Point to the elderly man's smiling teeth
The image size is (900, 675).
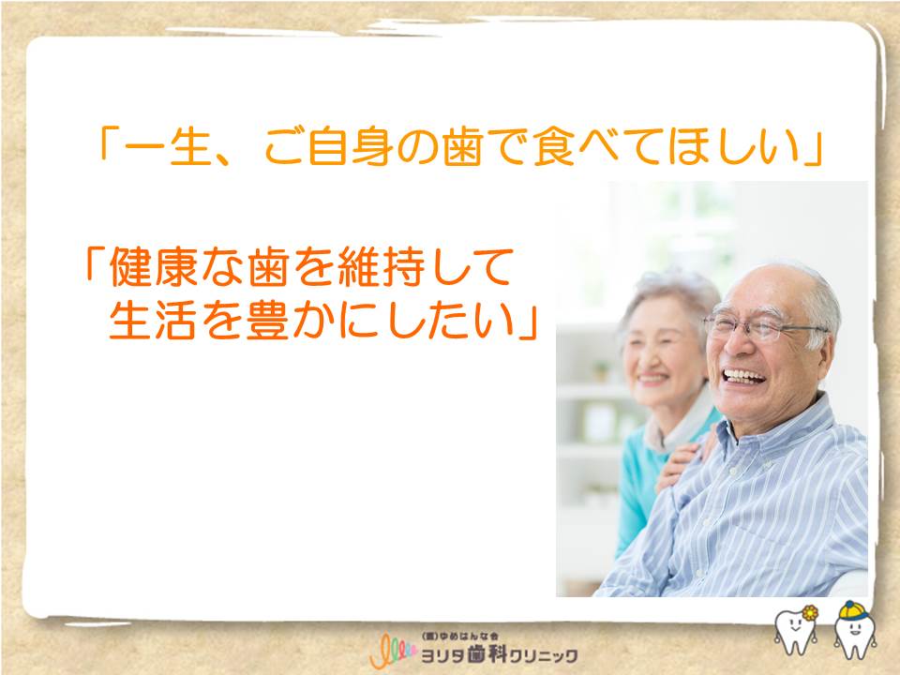[x=743, y=377]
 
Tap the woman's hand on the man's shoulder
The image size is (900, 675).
[x=684, y=459]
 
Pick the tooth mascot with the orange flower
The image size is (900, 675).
[x=796, y=629]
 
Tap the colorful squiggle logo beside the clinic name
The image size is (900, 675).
[x=393, y=651]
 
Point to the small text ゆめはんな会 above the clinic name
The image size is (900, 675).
[x=469, y=637]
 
